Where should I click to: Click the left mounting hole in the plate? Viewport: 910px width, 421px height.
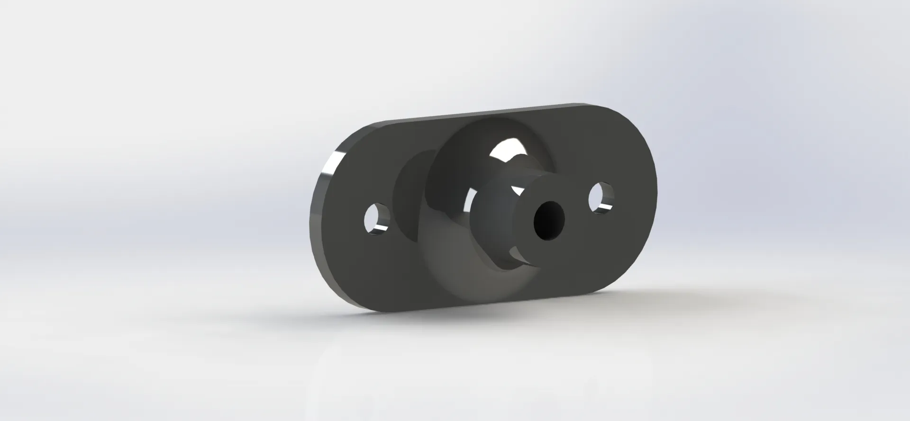tap(378, 219)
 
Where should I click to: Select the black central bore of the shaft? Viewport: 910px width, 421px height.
tap(551, 220)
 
